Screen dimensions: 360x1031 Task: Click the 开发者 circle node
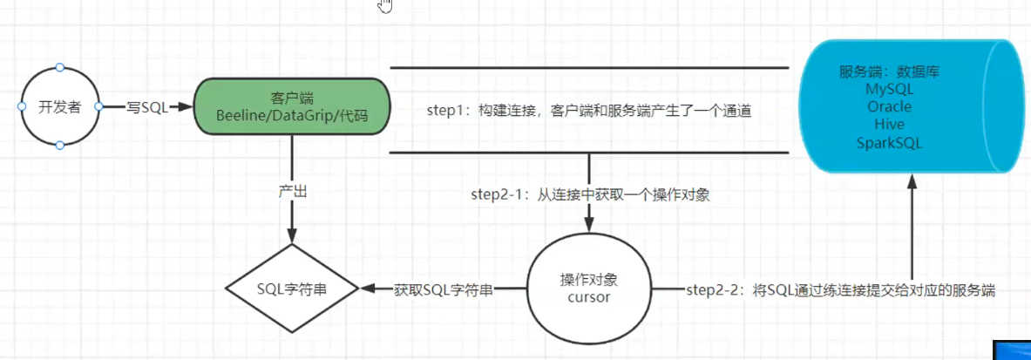tap(59, 106)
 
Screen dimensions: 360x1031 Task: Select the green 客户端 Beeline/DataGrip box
tap(292, 106)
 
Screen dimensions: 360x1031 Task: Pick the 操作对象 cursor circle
tap(589, 288)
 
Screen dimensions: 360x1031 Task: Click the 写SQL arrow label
tap(147, 106)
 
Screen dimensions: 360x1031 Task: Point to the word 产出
tap(292, 192)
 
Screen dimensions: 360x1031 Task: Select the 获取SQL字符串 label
tap(443, 289)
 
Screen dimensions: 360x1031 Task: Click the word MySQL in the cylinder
tap(889, 90)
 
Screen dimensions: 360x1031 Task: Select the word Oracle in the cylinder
tap(889, 107)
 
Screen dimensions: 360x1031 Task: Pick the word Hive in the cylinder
tap(889, 125)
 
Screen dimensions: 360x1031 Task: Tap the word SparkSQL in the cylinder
tap(889, 142)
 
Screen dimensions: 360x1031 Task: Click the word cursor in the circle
tap(589, 296)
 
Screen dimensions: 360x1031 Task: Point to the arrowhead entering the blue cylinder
tap(912, 180)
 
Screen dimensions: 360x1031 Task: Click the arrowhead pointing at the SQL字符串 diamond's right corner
tap(366, 289)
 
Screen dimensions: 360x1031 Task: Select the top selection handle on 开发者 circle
tap(59, 67)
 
